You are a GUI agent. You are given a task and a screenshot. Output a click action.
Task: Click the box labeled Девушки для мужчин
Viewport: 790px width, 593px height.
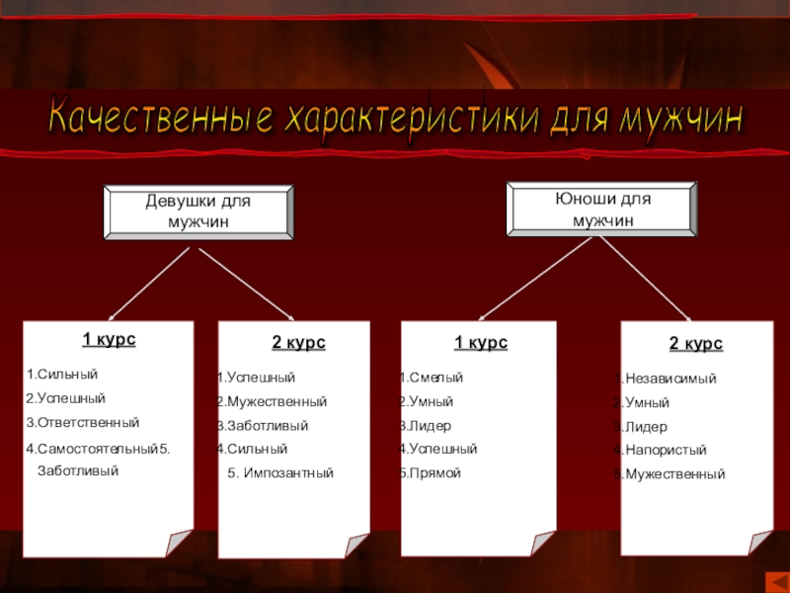pos(198,212)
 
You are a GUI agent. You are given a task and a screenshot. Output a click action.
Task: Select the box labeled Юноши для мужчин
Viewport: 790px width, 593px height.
pos(601,210)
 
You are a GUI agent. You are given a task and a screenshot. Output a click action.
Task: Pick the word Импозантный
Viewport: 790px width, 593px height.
pos(287,473)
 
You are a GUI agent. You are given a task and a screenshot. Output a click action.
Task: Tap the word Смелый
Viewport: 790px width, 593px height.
pos(434,378)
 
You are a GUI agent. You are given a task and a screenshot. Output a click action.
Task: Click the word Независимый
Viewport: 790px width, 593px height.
pos(671,379)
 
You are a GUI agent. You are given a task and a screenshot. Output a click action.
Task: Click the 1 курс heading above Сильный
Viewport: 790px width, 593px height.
pos(109,340)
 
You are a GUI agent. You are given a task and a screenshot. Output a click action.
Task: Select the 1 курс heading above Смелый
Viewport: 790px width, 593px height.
pos(481,343)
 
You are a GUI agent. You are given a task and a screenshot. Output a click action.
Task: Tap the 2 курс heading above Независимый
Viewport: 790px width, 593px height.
pos(696,344)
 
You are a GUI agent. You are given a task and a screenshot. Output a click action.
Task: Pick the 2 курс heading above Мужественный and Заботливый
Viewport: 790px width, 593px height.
pos(298,343)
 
